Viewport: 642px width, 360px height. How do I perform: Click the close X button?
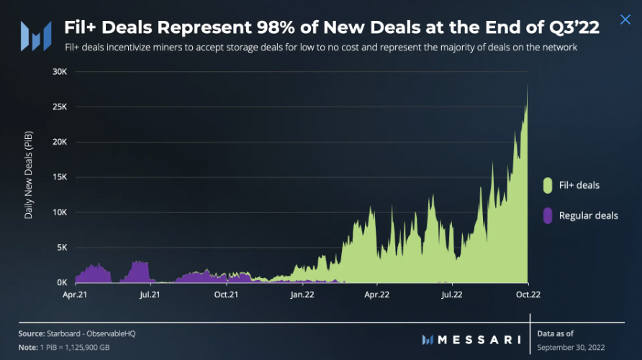coord(625,19)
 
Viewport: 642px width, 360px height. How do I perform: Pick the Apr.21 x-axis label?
coord(74,294)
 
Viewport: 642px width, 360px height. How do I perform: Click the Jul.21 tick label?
coord(149,294)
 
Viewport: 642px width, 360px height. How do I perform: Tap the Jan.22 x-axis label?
coord(302,294)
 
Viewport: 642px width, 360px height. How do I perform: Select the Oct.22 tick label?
coord(528,294)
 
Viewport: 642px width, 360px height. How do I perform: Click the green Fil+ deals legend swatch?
coord(548,186)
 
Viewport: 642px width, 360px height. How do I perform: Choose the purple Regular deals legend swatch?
coord(548,215)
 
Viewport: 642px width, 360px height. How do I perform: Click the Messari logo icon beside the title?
coord(35,35)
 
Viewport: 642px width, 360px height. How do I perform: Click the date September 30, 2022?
coord(571,348)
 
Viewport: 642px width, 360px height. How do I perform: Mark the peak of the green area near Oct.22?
coord(528,84)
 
